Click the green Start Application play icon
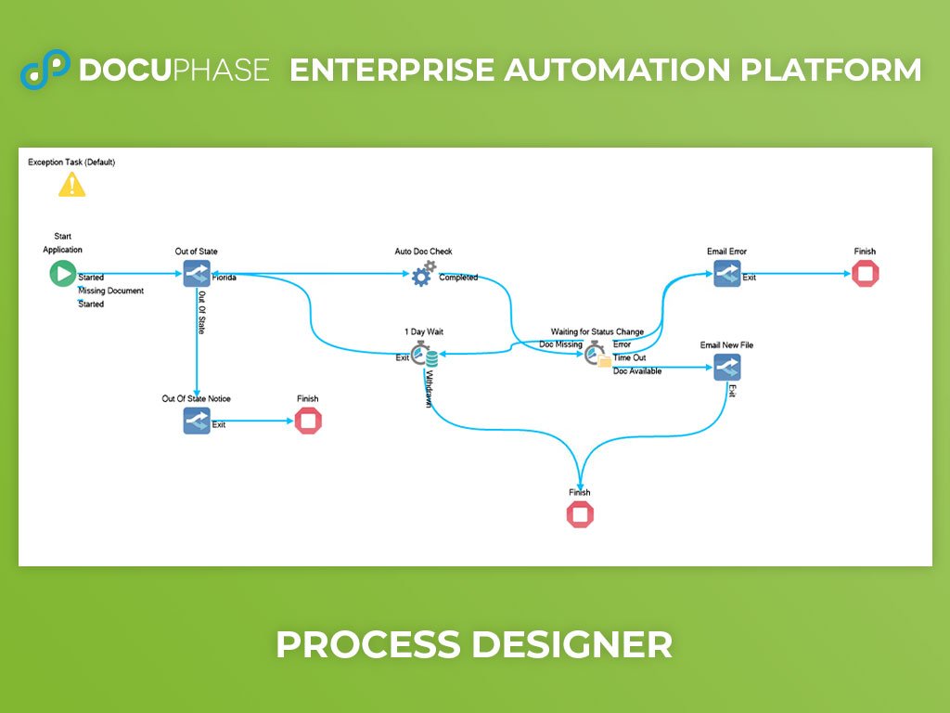click(63, 274)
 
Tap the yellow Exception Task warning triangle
click(71, 185)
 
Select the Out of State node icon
click(197, 274)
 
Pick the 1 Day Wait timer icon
click(424, 354)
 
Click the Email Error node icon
click(727, 274)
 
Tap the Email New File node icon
click(727, 368)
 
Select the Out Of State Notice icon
click(197, 421)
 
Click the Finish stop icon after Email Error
click(866, 274)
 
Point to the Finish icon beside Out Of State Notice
click(308, 421)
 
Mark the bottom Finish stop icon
click(580, 514)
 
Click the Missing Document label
click(111, 291)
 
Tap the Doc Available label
click(637, 371)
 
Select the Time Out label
click(630, 357)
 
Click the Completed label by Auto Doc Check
click(458, 278)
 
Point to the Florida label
click(225, 278)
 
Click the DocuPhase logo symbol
click(45, 69)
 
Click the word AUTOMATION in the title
click(617, 70)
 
